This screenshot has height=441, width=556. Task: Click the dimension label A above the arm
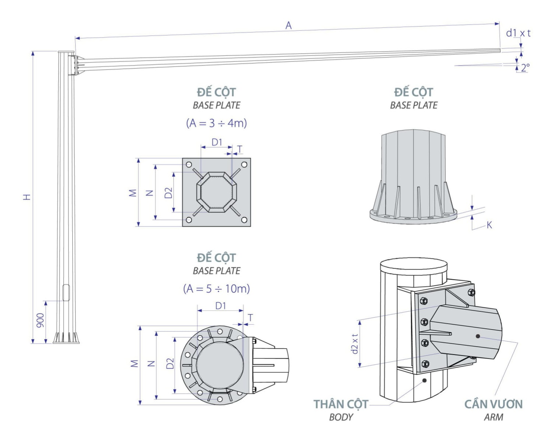[288, 25]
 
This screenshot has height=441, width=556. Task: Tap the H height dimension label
[27, 197]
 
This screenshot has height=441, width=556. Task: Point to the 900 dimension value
[40, 320]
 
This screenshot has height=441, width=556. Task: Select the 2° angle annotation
[525, 67]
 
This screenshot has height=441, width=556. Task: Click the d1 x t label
[518, 33]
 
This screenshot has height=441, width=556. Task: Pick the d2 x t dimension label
[355, 344]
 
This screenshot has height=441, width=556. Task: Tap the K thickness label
[489, 225]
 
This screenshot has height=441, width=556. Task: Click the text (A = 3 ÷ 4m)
[216, 123]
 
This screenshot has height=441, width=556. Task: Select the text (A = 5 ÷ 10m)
[216, 289]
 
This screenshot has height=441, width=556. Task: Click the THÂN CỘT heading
[341, 404]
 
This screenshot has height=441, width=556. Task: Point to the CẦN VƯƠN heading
[493, 404]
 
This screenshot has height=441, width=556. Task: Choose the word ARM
[493, 417]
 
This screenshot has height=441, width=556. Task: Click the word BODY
[341, 417]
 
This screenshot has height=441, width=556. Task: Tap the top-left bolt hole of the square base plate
[189, 165]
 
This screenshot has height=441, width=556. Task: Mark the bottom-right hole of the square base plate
[244, 220]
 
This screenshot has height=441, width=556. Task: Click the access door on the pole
[66, 292]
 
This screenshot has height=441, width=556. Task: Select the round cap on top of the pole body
[413, 265]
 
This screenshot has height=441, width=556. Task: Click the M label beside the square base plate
[133, 193]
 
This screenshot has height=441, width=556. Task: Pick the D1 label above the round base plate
[220, 306]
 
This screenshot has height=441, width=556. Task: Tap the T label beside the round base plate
[251, 317]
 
